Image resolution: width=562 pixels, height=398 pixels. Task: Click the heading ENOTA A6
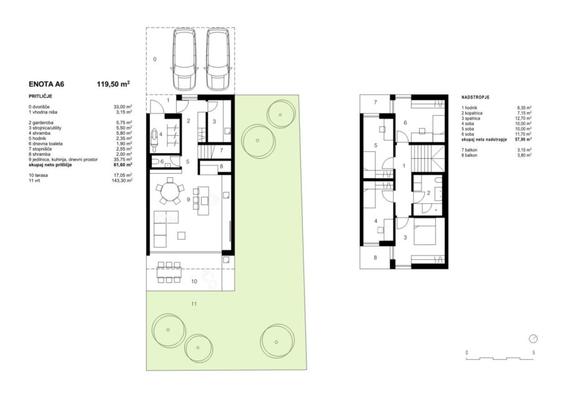pyautogui.click(x=46, y=84)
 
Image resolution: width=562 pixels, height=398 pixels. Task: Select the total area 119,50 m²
pyautogui.click(x=113, y=84)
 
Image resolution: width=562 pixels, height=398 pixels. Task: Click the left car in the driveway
pyautogui.click(x=184, y=59)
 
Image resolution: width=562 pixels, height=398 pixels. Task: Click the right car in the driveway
pyautogui.click(x=217, y=59)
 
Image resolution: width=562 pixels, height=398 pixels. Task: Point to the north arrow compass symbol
pyautogui.click(x=533, y=339)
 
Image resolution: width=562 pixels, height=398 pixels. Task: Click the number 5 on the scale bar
pyautogui.click(x=533, y=353)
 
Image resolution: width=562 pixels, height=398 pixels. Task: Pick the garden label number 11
pyautogui.click(x=194, y=304)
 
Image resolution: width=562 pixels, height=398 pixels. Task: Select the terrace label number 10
pyautogui.click(x=194, y=281)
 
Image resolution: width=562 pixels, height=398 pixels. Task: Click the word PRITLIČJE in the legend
pyautogui.click(x=41, y=96)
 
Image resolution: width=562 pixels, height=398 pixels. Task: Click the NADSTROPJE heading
pyautogui.click(x=475, y=97)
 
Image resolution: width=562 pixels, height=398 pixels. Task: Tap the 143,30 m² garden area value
pyautogui.click(x=122, y=181)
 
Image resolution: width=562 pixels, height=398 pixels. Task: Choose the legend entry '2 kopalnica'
pyautogui.click(x=472, y=113)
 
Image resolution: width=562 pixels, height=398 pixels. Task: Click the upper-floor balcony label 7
pyautogui.click(x=375, y=102)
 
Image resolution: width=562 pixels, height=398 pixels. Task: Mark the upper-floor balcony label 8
pyautogui.click(x=375, y=257)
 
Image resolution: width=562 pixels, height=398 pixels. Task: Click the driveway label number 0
pyautogui.click(x=154, y=59)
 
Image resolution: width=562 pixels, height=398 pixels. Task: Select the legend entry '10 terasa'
pyautogui.click(x=38, y=176)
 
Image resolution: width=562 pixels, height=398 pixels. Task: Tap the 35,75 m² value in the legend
pyautogui.click(x=122, y=159)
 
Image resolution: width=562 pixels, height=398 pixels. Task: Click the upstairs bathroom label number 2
pyautogui.click(x=428, y=193)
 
